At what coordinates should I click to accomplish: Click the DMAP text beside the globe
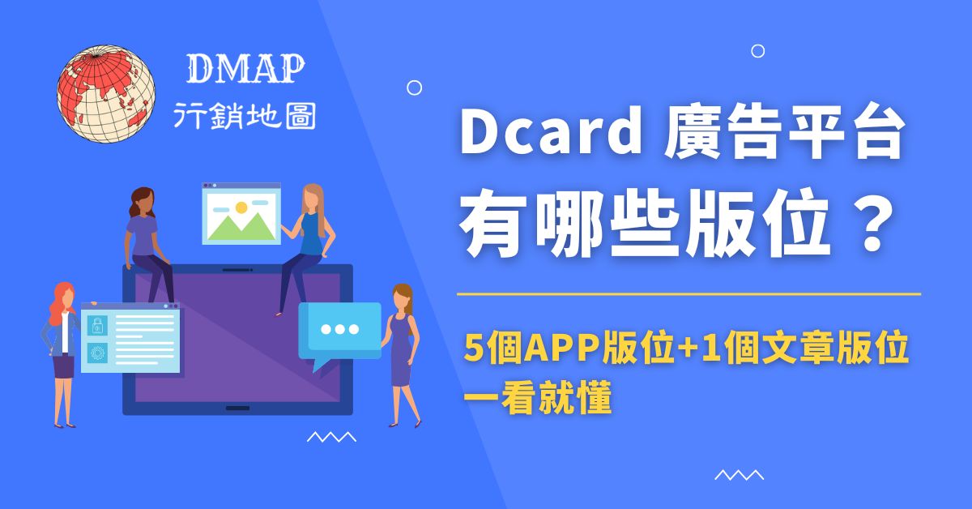(245, 71)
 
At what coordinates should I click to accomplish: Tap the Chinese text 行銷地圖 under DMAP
(245, 117)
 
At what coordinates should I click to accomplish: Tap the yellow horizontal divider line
(688, 293)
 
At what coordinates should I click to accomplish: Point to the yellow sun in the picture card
(240, 208)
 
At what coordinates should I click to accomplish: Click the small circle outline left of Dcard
(414, 88)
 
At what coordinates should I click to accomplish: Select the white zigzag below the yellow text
(739, 475)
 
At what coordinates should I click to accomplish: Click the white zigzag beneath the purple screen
(331, 437)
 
